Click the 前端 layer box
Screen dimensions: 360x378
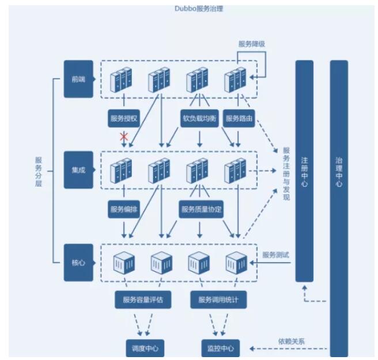(x=78, y=79)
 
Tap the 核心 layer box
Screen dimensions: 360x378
(x=78, y=262)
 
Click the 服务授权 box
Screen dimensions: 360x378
(x=123, y=119)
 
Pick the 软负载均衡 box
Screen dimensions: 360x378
(x=198, y=119)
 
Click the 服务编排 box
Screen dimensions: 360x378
(x=123, y=210)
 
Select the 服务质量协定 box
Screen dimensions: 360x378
(x=201, y=210)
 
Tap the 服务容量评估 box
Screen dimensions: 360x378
(x=143, y=300)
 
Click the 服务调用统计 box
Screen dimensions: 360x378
(x=218, y=300)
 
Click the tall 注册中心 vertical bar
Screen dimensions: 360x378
(x=304, y=170)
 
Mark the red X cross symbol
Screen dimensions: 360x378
(x=123, y=137)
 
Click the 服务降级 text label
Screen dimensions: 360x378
(x=252, y=44)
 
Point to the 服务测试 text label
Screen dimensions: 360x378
(x=274, y=255)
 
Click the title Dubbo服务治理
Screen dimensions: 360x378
(x=199, y=9)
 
